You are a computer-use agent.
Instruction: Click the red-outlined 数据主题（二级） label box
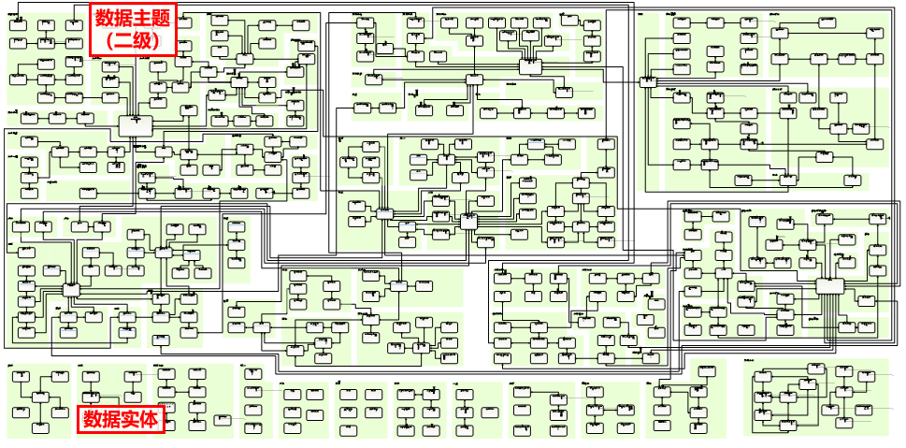click(x=132, y=30)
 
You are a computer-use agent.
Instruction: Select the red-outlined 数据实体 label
click(x=121, y=419)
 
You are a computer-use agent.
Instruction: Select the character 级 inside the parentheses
click(x=143, y=41)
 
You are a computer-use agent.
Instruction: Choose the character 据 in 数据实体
click(x=111, y=419)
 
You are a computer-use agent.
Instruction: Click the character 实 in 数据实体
click(x=130, y=419)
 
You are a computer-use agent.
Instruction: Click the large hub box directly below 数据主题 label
click(x=135, y=123)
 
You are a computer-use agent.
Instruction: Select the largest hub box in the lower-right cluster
click(x=829, y=286)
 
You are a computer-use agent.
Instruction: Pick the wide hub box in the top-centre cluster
click(x=530, y=66)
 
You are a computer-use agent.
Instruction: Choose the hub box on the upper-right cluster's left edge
click(x=649, y=82)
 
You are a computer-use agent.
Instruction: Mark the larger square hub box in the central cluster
click(x=468, y=221)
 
